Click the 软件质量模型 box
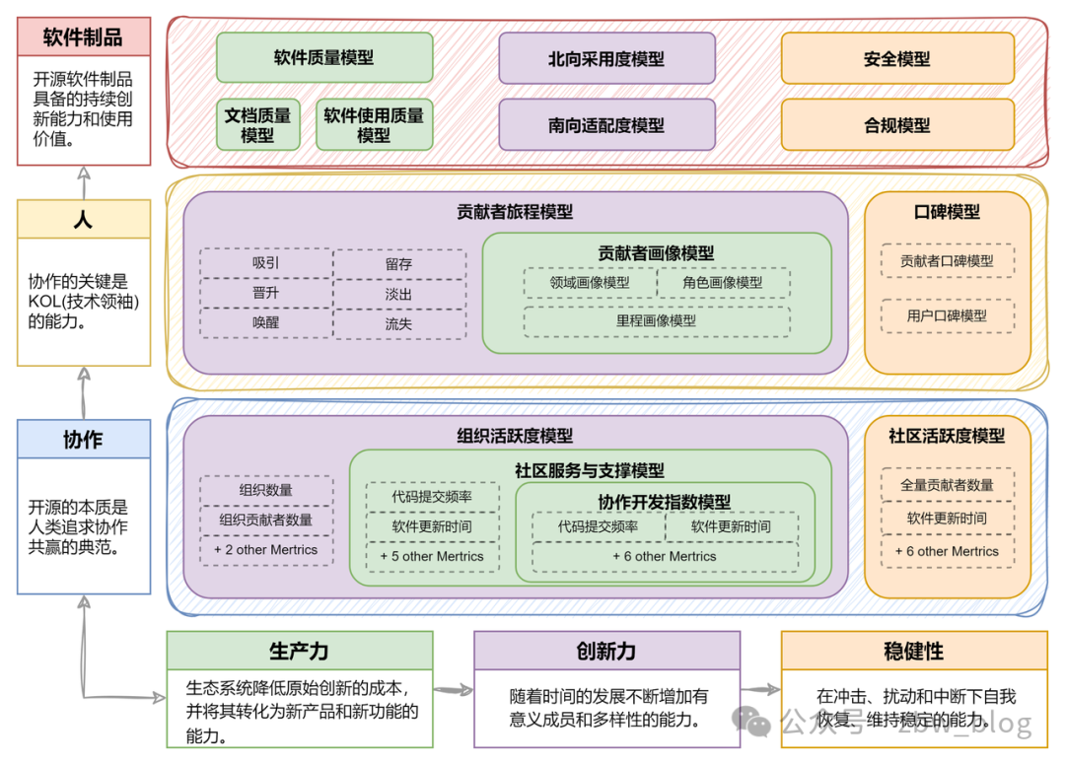tap(323, 57)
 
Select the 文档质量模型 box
tap(257, 124)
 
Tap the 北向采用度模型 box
tap(606, 58)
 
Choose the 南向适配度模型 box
tap(606, 125)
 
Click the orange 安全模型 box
tap(896, 58)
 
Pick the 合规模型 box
tap(896, 125)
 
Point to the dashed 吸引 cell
tap(265, 263)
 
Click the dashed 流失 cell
tap(398, 323)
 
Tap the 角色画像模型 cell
tap(723, 283)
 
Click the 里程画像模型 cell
tap(656, 320)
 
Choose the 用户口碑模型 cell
tap(947, 315)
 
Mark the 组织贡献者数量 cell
tap(265, 520)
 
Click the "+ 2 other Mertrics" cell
tap(265, 549)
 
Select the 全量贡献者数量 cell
tap(947, 484)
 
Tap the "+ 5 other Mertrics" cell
tap(432, 556)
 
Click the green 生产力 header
tap(299, 651)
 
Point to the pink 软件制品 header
tap(84, 36)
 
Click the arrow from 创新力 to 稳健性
tap(760, 690)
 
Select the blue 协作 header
tap(84, 440)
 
